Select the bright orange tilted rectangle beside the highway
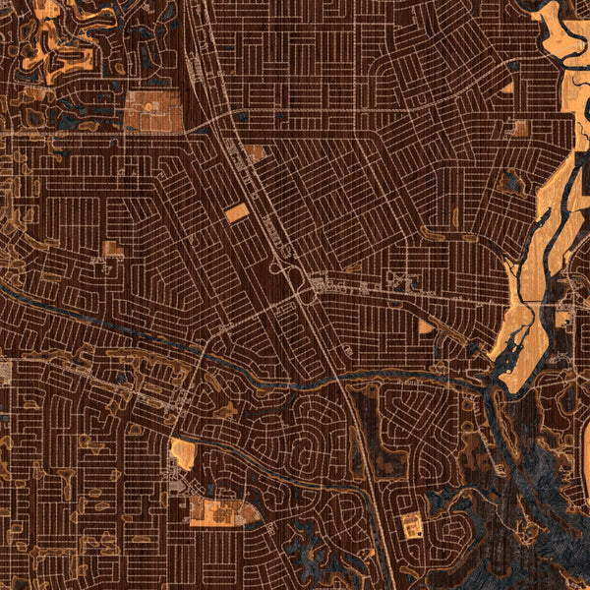[x=237, y=212]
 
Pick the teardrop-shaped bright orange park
[x=182, y=453]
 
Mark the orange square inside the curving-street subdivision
[x=412, y=525]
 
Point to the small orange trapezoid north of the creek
[x=425, y=326]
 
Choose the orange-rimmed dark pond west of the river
[x=510, y=181]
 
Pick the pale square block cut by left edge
[x=4, y=371]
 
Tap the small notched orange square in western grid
[x=113, y=249]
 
